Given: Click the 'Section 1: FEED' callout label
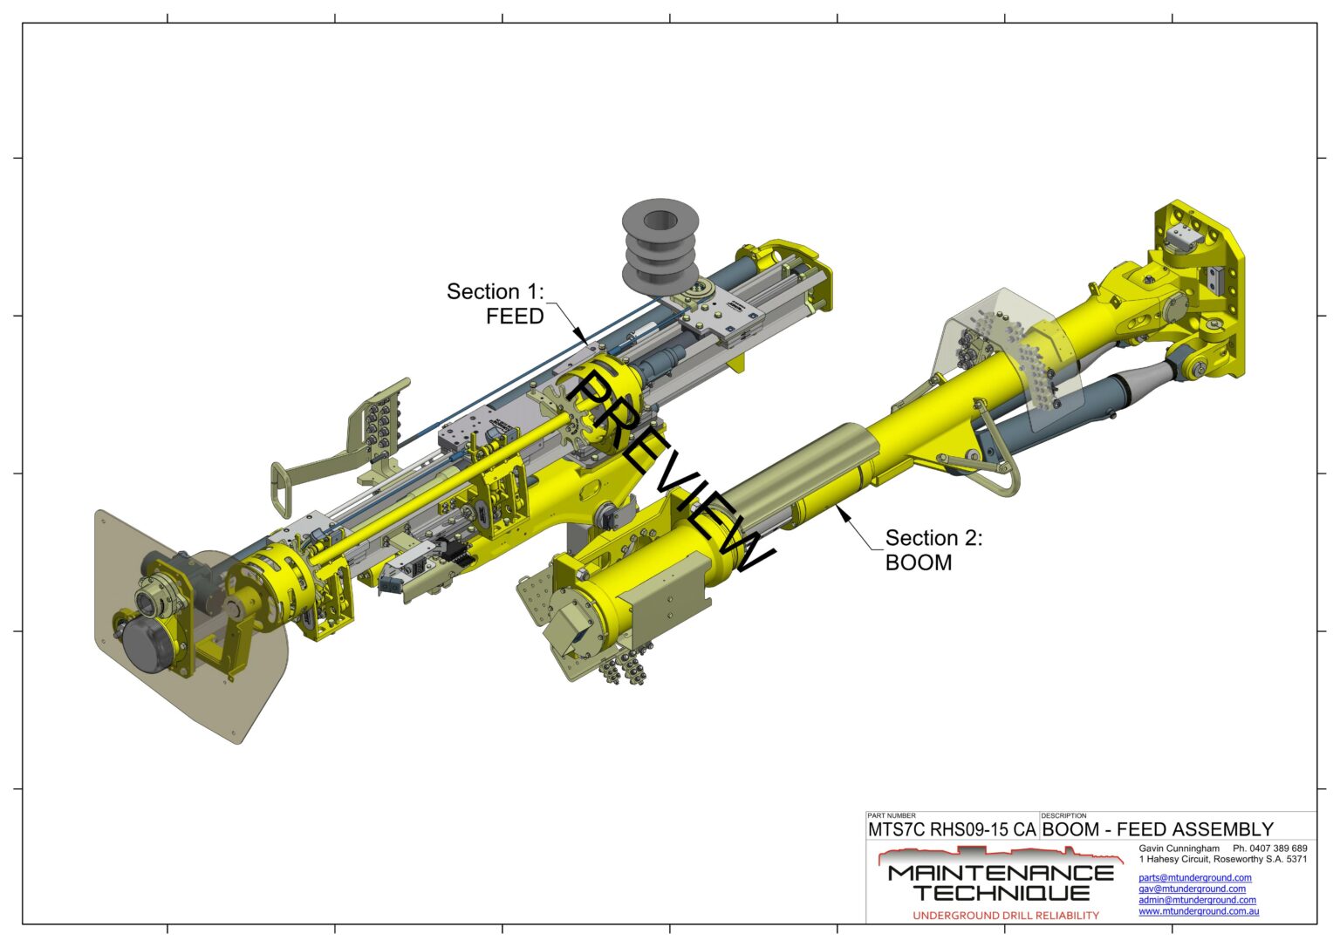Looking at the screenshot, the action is (496, 303).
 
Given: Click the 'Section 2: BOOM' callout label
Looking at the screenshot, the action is (933, 550).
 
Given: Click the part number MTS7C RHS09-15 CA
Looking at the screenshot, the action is (952, 830).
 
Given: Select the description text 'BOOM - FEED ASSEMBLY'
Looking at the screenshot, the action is (1158, 830).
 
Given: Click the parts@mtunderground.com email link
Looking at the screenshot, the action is (1194, 877).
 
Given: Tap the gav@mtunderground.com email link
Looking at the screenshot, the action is (1193, 889).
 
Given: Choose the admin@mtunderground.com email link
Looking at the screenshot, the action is (1197, 901).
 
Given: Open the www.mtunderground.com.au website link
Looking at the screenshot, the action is (1198, 912).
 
